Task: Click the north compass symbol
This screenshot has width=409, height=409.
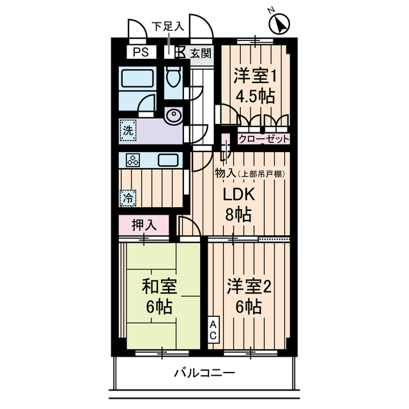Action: (x=279, y=25)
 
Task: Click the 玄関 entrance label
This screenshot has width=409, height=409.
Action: (x=200, y=53)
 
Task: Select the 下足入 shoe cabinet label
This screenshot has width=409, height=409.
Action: (x=167, y=27)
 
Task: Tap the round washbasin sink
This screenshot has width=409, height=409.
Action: (x=173, y=116)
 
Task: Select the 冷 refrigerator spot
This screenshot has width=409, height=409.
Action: (x=128, y=197)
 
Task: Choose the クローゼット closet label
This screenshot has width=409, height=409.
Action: (x=263, y=139)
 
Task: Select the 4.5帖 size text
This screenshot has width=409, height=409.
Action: (x=254, y=98)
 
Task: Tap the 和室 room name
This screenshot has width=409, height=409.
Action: (x=158, y=286)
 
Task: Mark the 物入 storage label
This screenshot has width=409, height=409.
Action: (x=224, y=173)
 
